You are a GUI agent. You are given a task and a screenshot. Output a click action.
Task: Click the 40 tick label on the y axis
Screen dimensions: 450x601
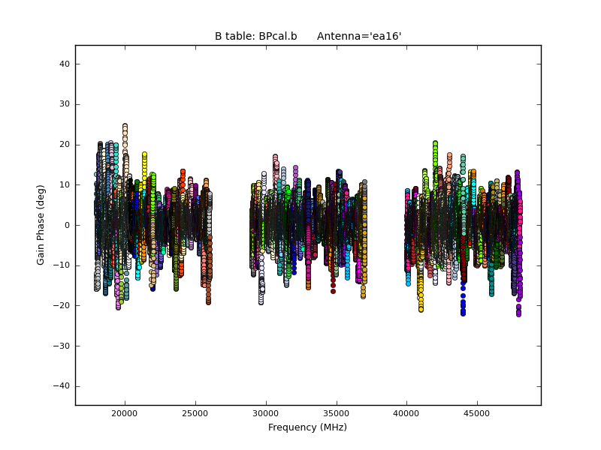(65, 64)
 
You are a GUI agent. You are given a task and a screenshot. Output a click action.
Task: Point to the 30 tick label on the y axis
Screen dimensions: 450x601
(65, 104)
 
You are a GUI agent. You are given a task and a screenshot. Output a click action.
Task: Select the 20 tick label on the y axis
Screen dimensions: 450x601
(65, 145)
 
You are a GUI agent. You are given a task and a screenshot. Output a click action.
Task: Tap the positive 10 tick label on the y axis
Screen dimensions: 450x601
(65, 184)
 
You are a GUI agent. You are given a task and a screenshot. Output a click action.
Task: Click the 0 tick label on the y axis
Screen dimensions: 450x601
(68, 225)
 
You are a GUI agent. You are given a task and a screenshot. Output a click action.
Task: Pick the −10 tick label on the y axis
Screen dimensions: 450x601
(63, 265)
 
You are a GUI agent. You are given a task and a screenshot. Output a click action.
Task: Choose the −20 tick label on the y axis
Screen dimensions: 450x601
(63, 305)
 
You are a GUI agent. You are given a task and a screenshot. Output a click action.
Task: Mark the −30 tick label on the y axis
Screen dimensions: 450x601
(63, 346)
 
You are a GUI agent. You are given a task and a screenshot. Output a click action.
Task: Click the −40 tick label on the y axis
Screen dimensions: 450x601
(63, 385)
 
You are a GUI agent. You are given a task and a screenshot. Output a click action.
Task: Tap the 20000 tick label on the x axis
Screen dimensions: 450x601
(125, 413)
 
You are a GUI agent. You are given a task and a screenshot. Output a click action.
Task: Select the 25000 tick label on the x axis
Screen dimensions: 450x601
(195, 413)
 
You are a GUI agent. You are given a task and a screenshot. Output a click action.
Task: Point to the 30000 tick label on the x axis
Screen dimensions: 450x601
(266, 413)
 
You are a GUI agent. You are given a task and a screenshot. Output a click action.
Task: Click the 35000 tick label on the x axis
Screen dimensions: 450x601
(337, 413)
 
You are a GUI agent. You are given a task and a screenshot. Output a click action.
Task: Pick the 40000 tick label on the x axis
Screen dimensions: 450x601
(407, 413)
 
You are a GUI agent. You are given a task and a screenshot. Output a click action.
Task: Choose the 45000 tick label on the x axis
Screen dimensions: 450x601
(478, 413)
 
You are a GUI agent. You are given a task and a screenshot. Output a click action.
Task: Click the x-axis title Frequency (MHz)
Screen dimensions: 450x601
(307, 427)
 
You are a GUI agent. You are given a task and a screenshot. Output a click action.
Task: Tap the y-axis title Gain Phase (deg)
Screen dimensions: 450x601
(41, 225)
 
